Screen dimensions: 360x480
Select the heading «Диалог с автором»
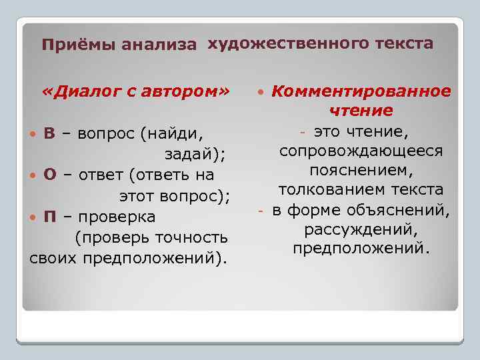point(135,90)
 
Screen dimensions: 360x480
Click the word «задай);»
point(195,154)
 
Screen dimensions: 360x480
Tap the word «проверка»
point(117,217)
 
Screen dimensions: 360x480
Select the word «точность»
point(191,238)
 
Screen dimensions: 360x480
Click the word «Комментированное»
point(361,91)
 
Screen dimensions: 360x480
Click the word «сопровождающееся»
point(361,151)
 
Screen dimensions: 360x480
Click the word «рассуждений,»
point(361,229)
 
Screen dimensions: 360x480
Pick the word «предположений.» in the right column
point(361,249)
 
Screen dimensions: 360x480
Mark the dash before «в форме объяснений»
point(262,211)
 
